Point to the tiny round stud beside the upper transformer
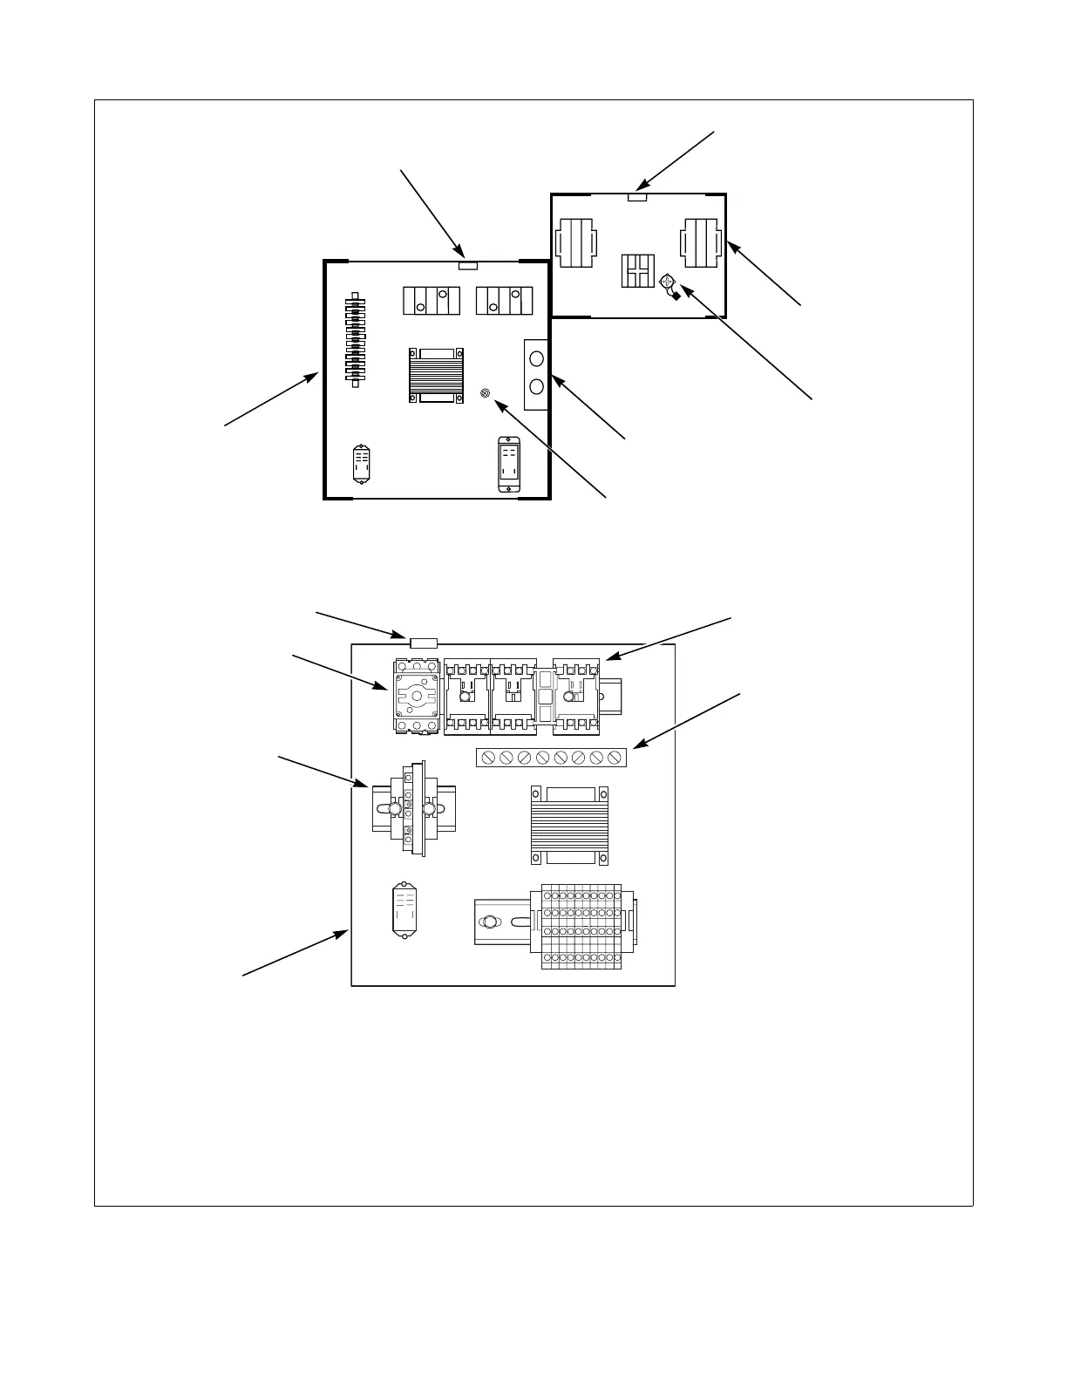point(486,394)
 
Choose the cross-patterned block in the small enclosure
point(636,270)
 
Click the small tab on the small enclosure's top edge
point(637,198)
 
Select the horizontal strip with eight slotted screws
point(551,757)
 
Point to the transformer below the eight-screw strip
point(569,825)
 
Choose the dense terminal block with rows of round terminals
point(581,926)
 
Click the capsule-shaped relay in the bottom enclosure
point(402,910)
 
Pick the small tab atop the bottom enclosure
point(423,643)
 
